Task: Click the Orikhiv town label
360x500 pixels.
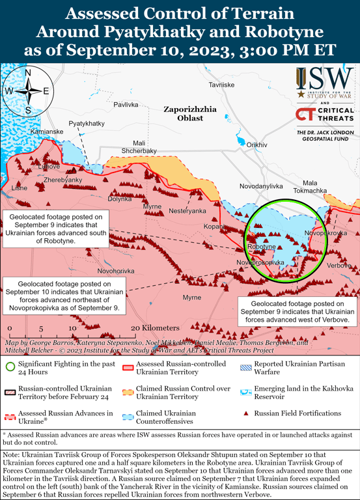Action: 256,145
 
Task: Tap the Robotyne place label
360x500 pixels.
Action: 262,247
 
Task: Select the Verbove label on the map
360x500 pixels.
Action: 339,266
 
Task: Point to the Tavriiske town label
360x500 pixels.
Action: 221,85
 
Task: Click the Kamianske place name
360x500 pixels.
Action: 47,132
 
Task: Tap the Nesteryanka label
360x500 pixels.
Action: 187,211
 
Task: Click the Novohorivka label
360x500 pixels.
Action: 116,271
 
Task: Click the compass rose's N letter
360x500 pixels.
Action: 28,74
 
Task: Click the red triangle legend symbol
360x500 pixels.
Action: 245,413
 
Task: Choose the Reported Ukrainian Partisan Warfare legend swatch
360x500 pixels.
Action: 245,367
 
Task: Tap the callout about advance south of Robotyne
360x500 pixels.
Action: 56,229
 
